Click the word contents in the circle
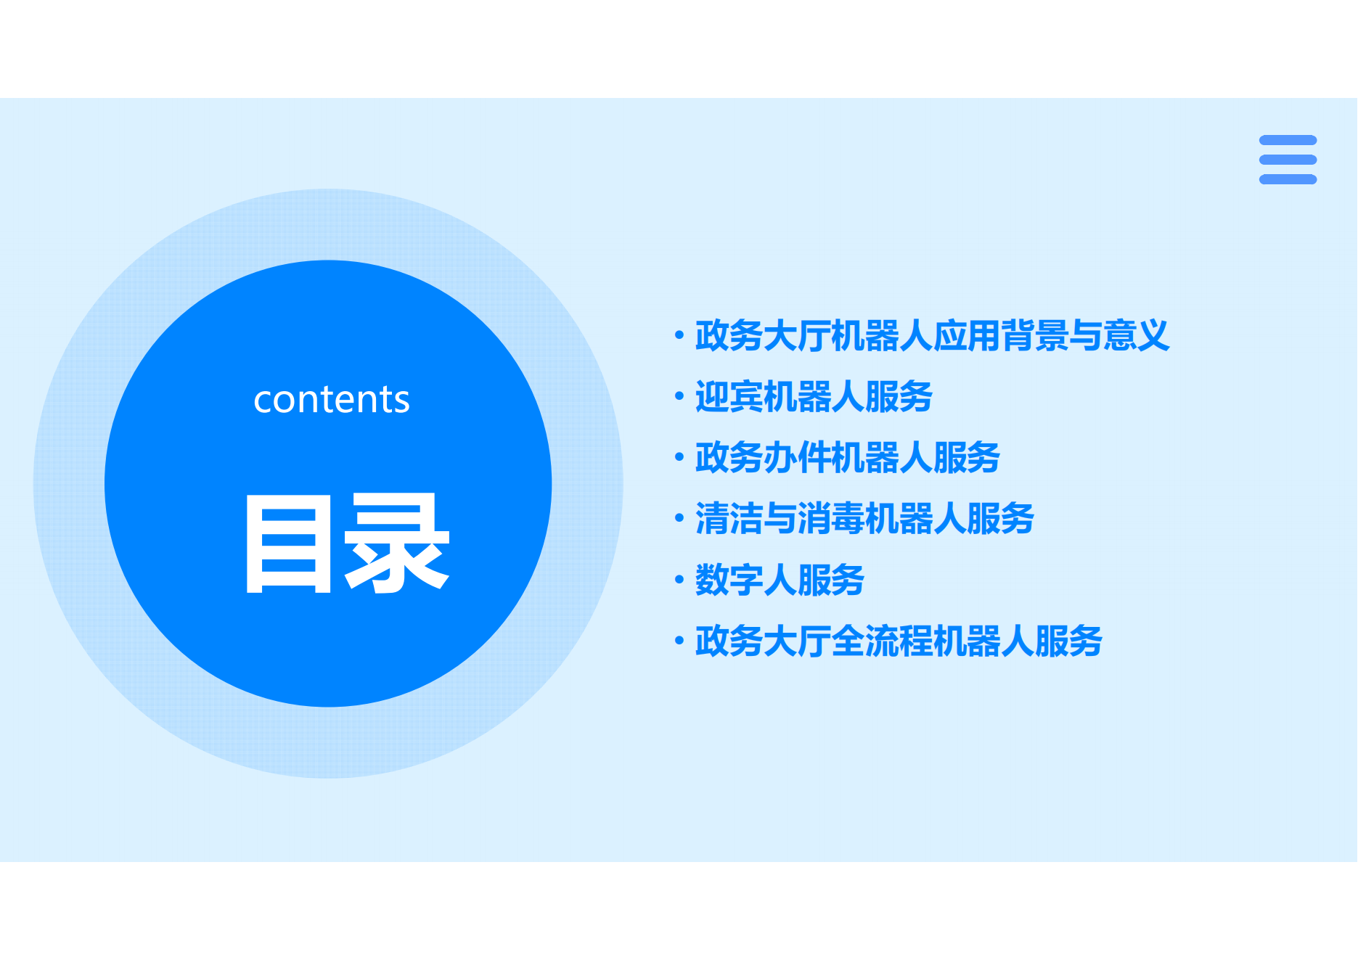332,399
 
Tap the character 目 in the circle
289,543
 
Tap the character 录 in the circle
396,543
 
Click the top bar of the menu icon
1288,140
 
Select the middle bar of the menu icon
1288,160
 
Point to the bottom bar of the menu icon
1288,179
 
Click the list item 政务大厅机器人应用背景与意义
932,335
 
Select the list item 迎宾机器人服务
814,396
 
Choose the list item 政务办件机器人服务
848,457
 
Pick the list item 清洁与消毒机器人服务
864,518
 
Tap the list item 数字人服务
780,580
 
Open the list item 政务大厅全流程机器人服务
899,641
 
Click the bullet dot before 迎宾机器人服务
679,396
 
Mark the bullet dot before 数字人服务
679,579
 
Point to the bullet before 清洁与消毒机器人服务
679,518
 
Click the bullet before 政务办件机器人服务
679,457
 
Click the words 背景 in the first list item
1034,335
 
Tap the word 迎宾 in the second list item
729,396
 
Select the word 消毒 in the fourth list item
831,518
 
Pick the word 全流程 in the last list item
882,641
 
